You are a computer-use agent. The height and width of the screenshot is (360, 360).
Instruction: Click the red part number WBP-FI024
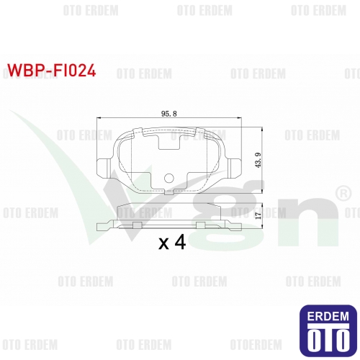click(52, 71)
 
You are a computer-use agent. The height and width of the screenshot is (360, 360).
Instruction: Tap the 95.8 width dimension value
click(169, 114)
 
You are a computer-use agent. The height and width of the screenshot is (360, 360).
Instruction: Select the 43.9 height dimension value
click(258, 160)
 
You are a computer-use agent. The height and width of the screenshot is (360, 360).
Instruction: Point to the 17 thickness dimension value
click(258, 215)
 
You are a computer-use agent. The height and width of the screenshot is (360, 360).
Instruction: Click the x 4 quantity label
click(172, 243)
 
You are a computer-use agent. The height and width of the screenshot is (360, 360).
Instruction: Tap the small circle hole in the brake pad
click(168, 178)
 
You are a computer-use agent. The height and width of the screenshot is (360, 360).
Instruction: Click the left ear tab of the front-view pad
click(104, 168)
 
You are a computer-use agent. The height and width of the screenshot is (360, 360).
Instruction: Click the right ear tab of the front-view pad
click(234, 168)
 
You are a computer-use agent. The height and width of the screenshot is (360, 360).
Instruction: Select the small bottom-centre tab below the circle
click(169, 193)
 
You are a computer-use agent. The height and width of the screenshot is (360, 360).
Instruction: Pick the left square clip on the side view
click(137, 225)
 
